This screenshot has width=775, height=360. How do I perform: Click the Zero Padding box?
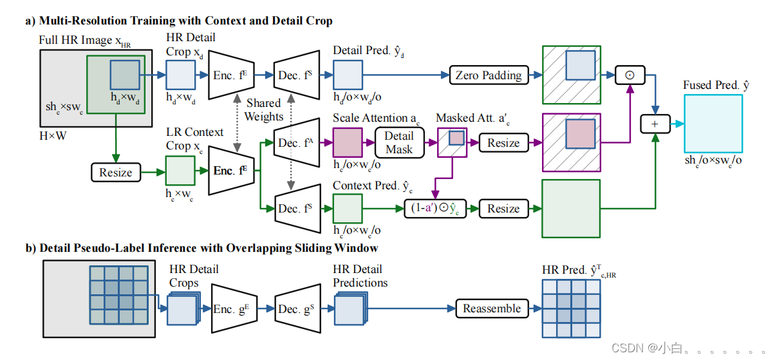click(x=489, y=75)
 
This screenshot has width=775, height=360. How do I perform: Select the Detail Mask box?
click(x=399, y=142)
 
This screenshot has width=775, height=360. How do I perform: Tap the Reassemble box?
click(x=492, y=308)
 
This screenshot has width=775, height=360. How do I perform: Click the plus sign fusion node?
click(x=656, y=122)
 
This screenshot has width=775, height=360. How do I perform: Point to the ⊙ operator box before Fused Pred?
click(x=630, y=75)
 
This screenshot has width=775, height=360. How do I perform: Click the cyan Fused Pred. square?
click(x=712, y=123)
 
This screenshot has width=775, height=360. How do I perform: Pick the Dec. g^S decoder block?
click(x=297, y=308)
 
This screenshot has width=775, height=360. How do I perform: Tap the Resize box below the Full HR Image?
click(x=116, y=172)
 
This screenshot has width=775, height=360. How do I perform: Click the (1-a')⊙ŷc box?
click(x=434, y=209)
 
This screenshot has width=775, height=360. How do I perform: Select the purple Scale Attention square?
click(x=348, y=142)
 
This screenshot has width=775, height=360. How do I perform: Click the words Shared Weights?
click(x=264, y=109)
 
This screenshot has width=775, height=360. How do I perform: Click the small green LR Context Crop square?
click(x=181, y=173)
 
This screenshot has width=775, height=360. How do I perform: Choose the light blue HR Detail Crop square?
click(x=181, y=75)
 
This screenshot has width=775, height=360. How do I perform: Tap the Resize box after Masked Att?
click(x=503, y=142)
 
